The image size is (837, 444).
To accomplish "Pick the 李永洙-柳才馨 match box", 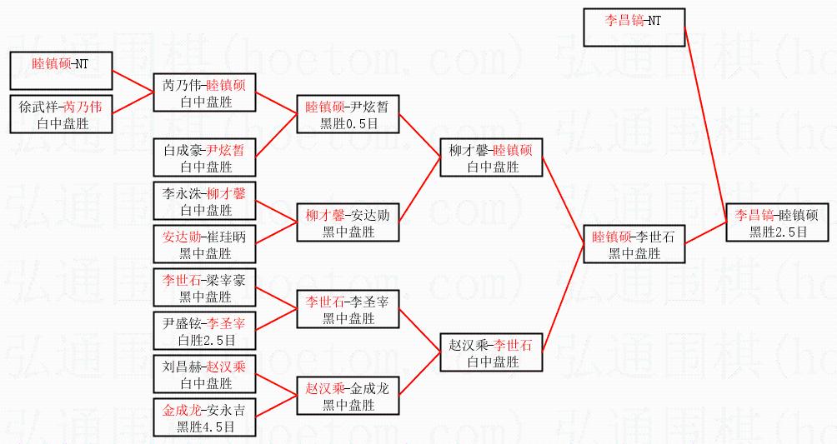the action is pyautogui.click(x=205, y=202).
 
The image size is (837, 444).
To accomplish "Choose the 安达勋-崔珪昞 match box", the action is pyautogui.click(x=205, y=245).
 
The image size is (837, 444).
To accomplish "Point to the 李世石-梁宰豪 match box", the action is pyautogui.click(x=205, y=288).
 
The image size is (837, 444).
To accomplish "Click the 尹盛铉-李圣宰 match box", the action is pyautogui.click(x=205, y=332).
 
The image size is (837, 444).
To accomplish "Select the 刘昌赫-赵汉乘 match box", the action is pyautogui.click(x=205, y=375).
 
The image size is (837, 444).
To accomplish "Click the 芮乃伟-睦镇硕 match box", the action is pyautogui.click(x=205, y=93).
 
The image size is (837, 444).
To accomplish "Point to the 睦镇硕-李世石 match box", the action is pyautogui.click(x=634, y=245).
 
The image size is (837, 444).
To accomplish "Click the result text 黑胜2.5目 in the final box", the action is pyautogui.click(x=777, y=232).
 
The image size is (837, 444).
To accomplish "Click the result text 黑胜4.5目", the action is pyautogui.click(x=205, y=427).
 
